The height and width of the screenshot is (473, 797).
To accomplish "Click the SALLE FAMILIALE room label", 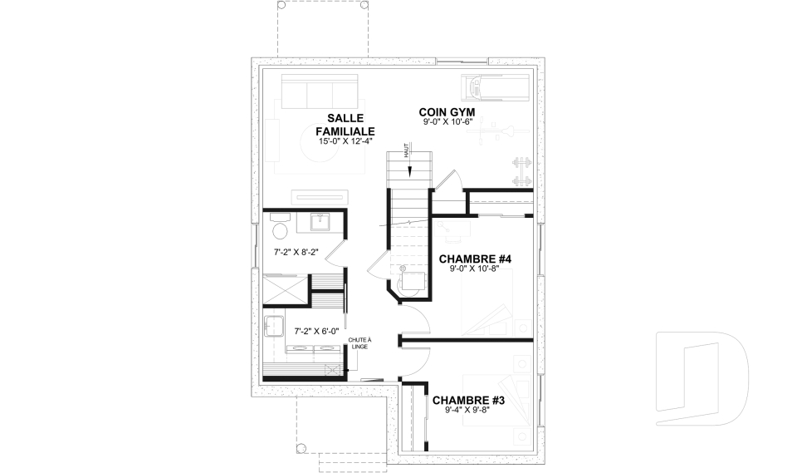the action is point(345,125).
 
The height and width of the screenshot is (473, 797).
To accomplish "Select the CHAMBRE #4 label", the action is point(475,259).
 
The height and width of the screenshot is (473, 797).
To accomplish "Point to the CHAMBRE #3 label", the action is point(468,401).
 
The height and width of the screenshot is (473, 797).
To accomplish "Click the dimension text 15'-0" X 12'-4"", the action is point(345,142).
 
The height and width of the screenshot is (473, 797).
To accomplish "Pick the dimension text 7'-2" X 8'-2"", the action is point(296,252).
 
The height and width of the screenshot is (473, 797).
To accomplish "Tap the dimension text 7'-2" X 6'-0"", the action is point(316,331).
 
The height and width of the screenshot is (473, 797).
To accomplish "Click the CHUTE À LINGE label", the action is point(359,343).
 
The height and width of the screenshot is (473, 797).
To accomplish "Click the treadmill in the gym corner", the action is point(495,86).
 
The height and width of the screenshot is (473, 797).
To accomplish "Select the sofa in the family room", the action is point(320,91).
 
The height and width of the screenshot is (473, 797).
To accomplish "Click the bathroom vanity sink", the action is point(320,223).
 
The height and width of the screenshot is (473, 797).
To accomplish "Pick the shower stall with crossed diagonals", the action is point(285,289).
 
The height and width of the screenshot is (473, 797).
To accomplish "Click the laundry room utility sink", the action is point(273,324).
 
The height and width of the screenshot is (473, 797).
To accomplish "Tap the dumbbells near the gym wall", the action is point(521,171).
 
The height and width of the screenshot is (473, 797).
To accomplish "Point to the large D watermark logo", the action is point(702,378).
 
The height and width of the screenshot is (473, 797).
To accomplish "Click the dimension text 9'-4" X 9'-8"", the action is point(467,410).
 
